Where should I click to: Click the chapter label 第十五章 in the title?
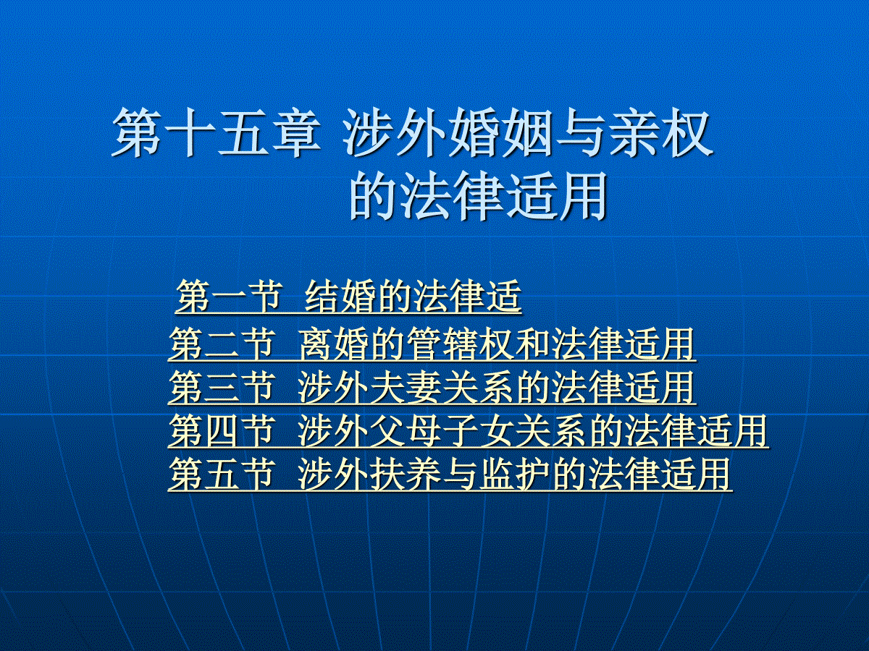[x=216, y=134]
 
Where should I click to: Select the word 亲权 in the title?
[x=662, y=134]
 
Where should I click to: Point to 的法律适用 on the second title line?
[x=478, y=195]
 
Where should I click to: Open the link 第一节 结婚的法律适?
[x=348, y=297]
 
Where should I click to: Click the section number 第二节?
[x=222, y=344]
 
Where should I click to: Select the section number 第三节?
[x=222, y=388]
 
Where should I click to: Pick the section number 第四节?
[x=222, y=431]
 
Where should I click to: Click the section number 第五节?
[x=222, y=475]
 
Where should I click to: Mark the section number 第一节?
[x=228, y=297]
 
